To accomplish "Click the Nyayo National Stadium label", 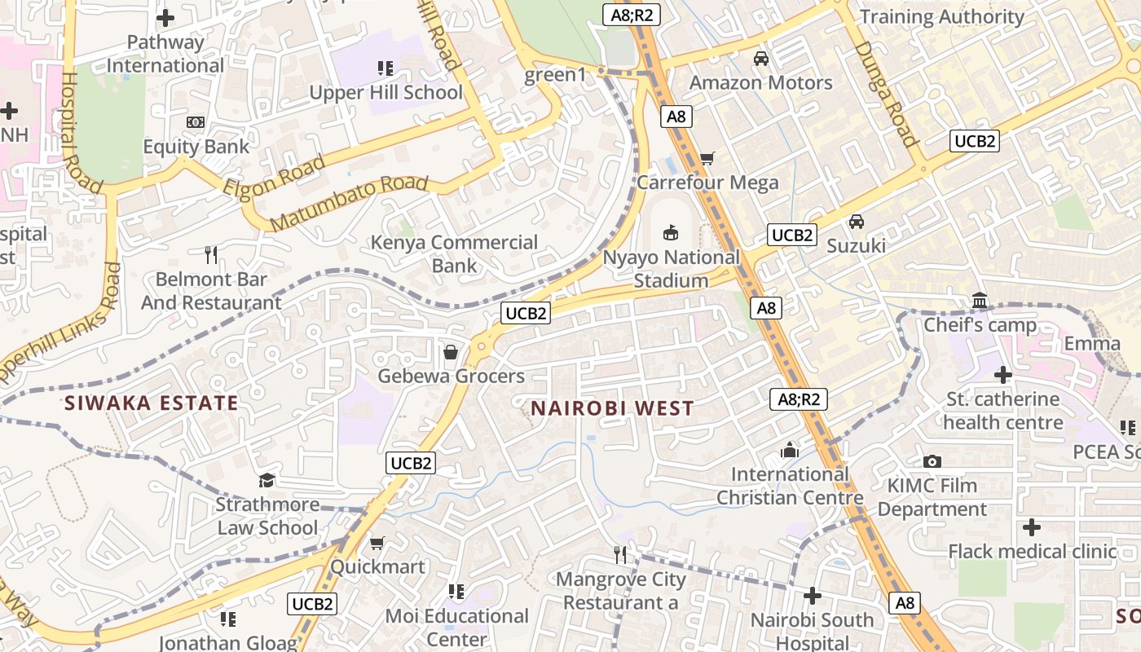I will [672, 269].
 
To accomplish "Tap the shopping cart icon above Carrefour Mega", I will [707, 158].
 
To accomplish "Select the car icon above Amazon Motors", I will [760, 59].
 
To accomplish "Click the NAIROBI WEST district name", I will [612, 408].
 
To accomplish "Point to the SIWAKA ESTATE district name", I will [152, 403].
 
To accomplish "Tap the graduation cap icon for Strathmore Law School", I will [267, 481].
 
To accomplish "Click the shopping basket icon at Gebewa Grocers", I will [450, 352].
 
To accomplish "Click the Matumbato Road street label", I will [349, 202].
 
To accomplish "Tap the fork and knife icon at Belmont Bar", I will [211, 255].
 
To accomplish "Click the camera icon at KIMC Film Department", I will [932, 461].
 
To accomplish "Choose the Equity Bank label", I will [196, 147].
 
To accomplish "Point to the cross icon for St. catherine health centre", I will [1003, 375].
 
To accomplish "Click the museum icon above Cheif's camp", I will [980, 302].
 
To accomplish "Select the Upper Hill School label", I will [385, 92].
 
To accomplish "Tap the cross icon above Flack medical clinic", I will [1032, 527].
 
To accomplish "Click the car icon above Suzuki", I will [857, 222].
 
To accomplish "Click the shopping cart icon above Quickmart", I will [377, 543].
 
